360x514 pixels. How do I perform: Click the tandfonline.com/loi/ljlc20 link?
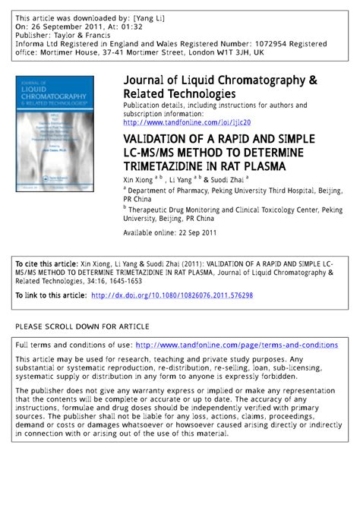[186, 122]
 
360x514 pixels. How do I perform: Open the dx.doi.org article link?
[172, 295]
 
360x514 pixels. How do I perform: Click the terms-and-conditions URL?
[236, 345]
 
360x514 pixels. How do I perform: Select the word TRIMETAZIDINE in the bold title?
[166, 163]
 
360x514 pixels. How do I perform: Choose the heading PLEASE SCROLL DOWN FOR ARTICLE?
[82, 326]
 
